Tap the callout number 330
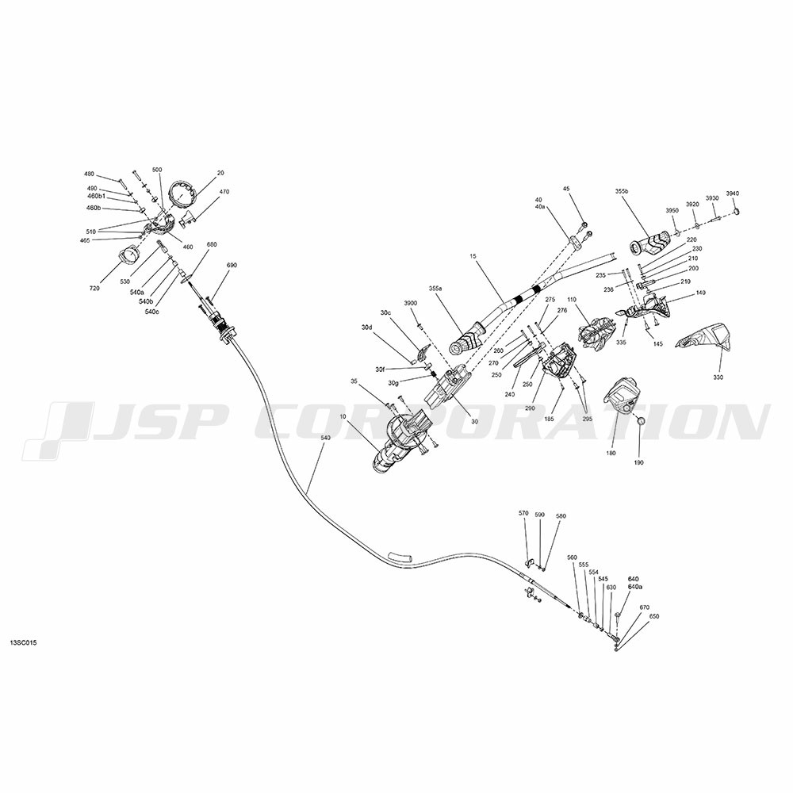pos(718,377)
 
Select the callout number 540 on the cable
pos(325,447)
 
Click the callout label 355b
pos(622,191)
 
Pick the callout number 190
pos(638,462)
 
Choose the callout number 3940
pos(732,194)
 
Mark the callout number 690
pos(232,265)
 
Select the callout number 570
pos(523,514)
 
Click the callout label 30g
pos(393,383)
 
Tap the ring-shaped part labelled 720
pos(128,255)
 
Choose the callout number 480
pos(89,174)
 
